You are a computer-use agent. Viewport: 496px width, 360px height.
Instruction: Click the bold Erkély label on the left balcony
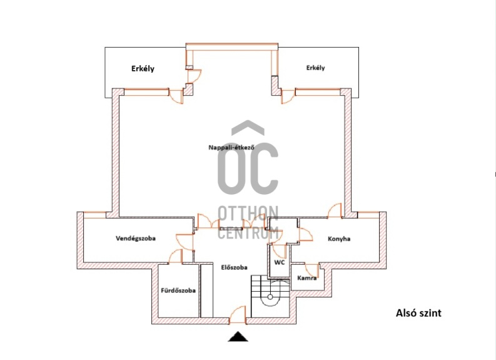coord(143,69)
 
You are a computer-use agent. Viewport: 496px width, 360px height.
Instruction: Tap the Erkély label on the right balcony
coord(315,68)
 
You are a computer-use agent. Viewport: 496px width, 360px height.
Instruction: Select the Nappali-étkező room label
coord(231,147)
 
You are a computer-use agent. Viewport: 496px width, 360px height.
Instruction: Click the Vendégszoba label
coord(135,239)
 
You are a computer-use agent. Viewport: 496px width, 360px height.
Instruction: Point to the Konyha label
coord(339,239)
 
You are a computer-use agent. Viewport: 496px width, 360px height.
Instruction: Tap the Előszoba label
coord(234,267)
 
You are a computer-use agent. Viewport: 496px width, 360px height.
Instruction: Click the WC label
coord(280,262)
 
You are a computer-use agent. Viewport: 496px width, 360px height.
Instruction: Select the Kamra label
coord(307,278)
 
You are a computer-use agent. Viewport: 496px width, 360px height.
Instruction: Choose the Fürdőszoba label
coord(178,291)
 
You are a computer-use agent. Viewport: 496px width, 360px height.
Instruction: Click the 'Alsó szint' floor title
coord(418,313)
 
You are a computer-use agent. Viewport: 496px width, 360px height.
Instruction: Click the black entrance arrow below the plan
coord(238,337)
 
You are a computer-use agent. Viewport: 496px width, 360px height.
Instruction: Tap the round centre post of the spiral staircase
coord(270,297)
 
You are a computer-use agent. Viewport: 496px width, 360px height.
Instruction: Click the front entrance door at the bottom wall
coord(237,315)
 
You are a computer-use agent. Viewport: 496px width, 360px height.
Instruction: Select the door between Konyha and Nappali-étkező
coord(335,211)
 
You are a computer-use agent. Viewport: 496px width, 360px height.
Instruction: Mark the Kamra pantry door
coord(312,270)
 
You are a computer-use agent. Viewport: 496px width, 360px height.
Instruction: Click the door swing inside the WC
coord(280,251)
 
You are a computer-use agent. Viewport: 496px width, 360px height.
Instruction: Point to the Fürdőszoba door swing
coord(176,257)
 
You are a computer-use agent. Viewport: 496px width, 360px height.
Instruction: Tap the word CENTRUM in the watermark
coord(248,233)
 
